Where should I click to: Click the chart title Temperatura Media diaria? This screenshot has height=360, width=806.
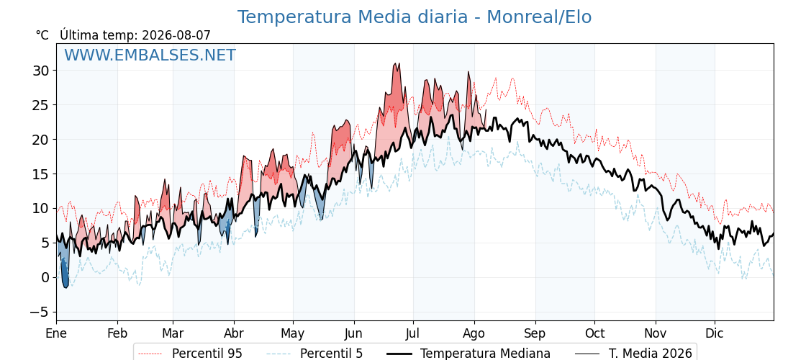pos(352,17)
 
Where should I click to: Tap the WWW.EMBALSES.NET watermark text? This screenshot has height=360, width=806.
pos(150,55)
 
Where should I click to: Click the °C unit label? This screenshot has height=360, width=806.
pos(42,35)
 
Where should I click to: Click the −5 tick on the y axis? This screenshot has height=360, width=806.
pos(40,312)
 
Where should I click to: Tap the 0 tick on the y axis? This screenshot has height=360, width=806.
pos(46,278)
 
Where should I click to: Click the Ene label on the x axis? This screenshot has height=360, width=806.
pos(56,333)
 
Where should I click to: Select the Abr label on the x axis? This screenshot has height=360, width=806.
pos(234,333)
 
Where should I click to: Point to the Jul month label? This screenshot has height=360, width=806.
pos(413,333)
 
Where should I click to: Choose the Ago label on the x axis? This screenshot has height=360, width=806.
pos(474,333)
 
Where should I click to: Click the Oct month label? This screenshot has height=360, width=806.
pos(594,333)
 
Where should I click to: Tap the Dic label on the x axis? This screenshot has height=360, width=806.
pos(715,333)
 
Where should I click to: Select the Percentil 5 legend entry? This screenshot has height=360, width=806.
pos(315,354)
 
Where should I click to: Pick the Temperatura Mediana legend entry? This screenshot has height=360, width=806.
pos(467,354)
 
